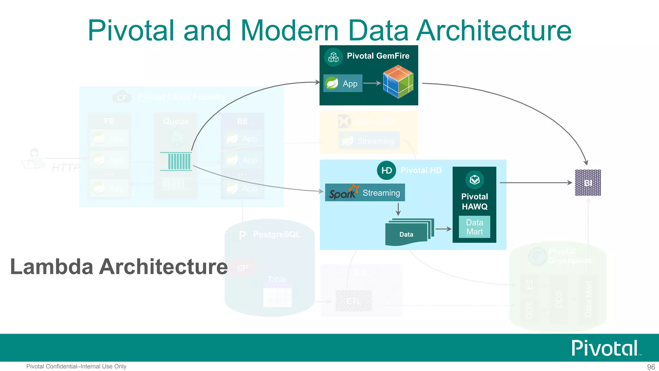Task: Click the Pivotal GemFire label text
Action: (378, 56)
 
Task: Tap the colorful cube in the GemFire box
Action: (398, 81)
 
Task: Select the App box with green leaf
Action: (343, 83)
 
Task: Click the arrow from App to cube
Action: (372, 83)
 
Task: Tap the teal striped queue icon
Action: (176, 161)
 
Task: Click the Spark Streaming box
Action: (365, 193)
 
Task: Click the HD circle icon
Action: (386, 170)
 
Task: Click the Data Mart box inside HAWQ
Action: (474, 227)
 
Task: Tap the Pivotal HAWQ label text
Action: (474, 202)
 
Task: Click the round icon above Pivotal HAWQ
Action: (474, 180)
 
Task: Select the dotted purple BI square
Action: (588, 183)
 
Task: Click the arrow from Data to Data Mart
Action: (443, 229)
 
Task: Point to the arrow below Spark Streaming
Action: (398, 209)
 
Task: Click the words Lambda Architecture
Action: (119, 267)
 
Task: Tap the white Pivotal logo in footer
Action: (605, 348)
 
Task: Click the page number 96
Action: (651, 367)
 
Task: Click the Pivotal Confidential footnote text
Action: (76, 366)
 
